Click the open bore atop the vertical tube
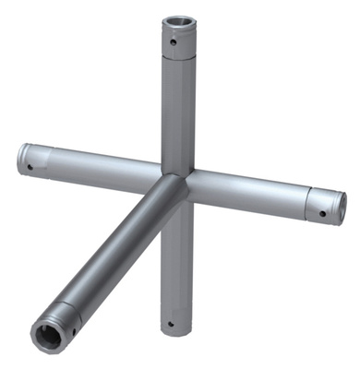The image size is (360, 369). click(177, 23)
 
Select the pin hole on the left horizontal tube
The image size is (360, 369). click(30, 167)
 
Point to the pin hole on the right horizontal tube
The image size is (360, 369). click(323, 214)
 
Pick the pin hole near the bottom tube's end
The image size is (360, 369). click(171, 323)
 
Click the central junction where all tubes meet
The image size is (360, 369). click(175, 182)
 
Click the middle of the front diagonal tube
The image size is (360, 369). click(115, 249)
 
